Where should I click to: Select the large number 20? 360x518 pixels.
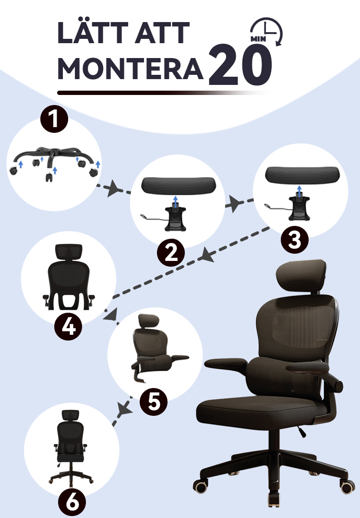coord(240,65)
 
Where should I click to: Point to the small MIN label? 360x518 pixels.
coord(258,39)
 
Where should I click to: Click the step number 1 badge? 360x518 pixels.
coord(54,119)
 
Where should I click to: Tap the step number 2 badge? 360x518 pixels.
coord(171,253)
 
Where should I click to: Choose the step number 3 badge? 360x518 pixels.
coord(295,239)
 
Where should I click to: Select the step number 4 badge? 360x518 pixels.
coord(68,327)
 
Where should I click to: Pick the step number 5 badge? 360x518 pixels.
coord(154,402)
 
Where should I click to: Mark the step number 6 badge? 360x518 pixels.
coord(72,503)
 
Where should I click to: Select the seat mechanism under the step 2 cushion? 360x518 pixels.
coord(175,218)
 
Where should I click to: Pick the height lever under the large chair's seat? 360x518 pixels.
coord(301,431)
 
